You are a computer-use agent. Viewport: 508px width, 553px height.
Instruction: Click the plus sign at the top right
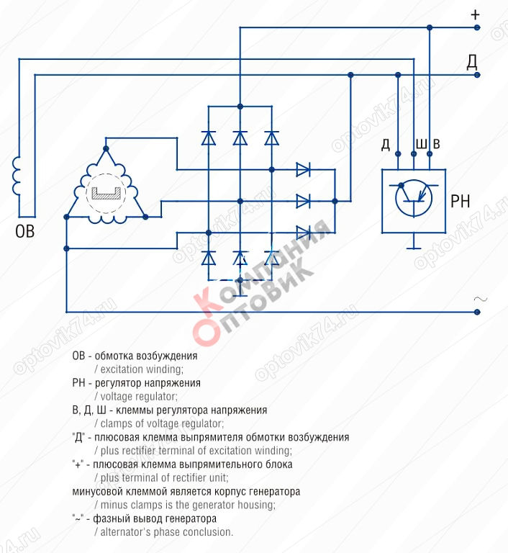pos(475,15)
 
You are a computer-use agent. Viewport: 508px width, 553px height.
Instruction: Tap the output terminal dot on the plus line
pos(477,27)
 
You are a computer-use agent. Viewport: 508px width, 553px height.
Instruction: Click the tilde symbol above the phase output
pos(480,299)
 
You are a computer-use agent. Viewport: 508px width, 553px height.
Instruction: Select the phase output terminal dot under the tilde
pos(477,312)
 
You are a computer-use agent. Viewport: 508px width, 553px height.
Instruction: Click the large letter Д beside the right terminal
pos(472,61)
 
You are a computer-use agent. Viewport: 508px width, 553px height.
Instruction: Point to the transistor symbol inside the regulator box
pos(413,198)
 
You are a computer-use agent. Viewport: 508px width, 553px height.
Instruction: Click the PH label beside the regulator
pos(461,201)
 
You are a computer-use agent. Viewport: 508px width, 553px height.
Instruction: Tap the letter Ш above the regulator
pos(421,144)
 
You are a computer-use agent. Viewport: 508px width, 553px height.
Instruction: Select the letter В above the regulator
pos(437,144)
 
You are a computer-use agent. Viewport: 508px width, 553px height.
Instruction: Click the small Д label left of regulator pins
pos(386,145)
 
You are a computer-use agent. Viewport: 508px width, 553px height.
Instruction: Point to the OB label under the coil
pos(24,231)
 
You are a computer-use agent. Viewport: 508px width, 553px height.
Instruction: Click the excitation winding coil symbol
pos(17,176)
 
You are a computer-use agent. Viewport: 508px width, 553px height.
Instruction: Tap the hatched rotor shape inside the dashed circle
pos(106,194)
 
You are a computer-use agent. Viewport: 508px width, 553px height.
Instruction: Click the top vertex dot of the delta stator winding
pos(106,149)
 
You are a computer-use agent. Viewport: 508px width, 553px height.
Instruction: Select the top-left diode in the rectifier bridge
pos(209,138)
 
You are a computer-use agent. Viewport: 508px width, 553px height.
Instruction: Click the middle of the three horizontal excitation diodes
pos(303,201)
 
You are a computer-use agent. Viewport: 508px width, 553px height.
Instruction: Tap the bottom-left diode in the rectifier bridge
pos(209,258)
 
